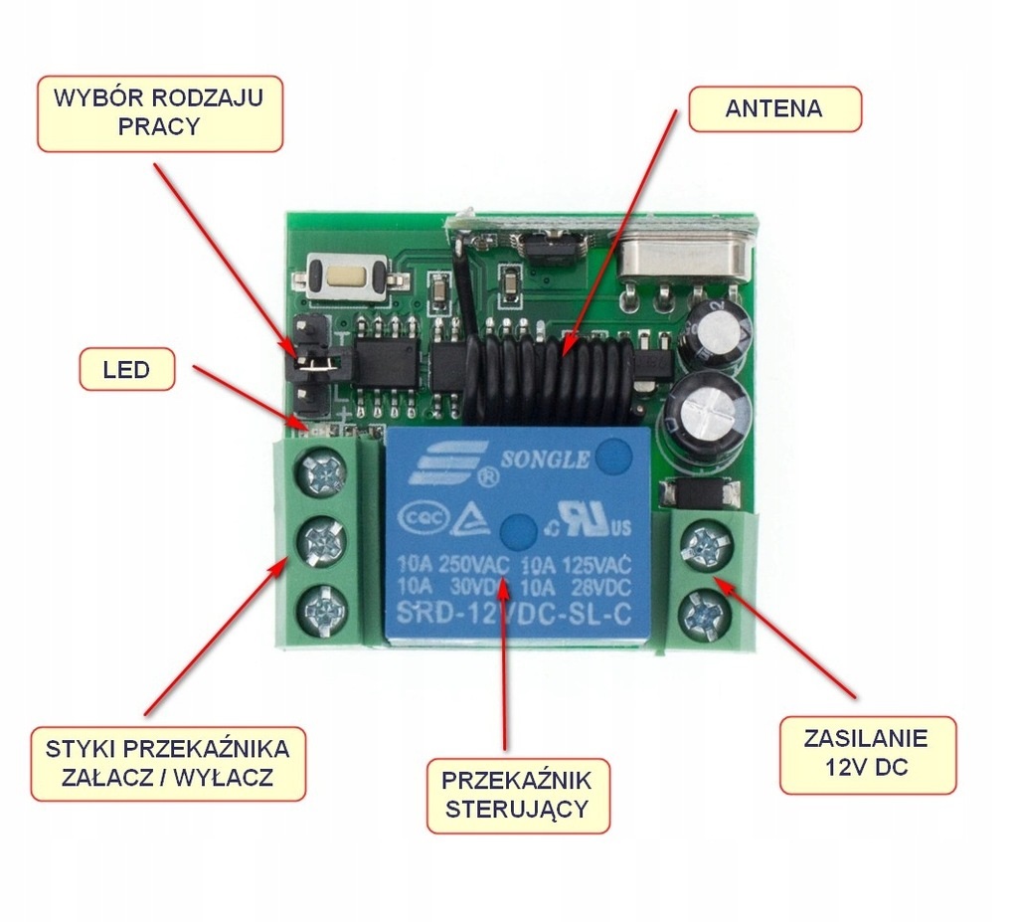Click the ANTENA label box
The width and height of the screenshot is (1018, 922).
point(773,108)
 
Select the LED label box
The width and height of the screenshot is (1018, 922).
point(126,370)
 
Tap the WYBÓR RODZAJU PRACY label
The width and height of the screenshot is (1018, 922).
point(159,113)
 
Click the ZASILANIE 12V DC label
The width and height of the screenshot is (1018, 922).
point(866,754)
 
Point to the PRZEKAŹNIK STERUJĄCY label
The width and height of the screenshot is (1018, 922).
point(517,794)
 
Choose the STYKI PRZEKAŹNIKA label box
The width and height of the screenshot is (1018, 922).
point(167,763)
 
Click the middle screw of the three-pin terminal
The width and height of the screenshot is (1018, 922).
point(323,542)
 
